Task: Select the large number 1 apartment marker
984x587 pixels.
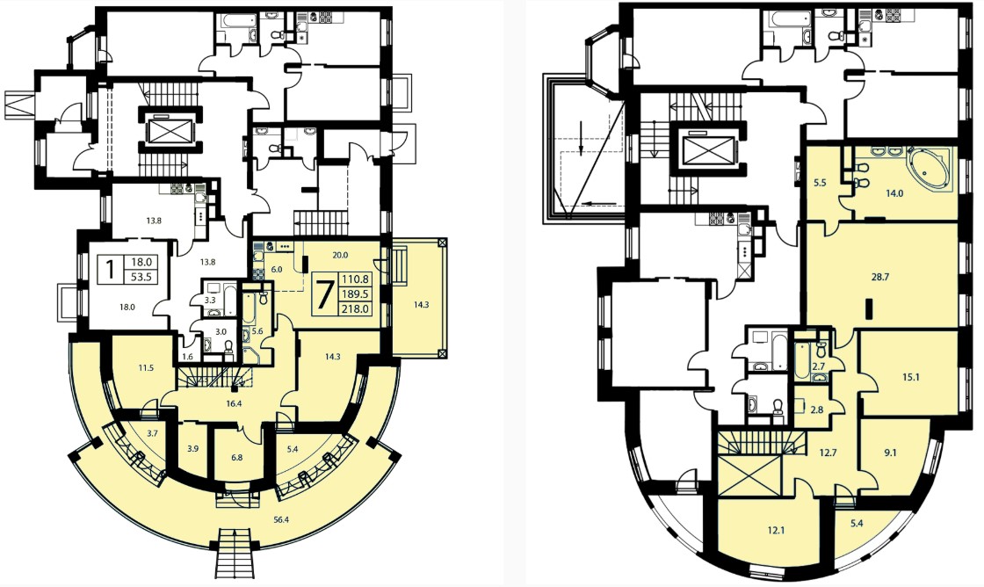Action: pos(110,269)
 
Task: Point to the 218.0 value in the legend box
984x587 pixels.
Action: pos(355,308)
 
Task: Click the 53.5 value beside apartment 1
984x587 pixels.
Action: pos(141,277)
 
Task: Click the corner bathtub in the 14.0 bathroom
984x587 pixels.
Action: pos(930,167)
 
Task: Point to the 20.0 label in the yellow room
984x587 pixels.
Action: pos(340,255)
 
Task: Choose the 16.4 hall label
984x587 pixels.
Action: pos(234,403)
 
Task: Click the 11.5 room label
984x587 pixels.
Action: pos(146,368)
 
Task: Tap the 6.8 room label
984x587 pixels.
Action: pos(236,457)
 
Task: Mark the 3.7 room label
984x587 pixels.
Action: pos(153,433)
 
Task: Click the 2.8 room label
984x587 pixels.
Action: pos(816,410)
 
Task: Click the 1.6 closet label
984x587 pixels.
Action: pos(187,357)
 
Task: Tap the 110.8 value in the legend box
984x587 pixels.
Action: pos(355,279)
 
